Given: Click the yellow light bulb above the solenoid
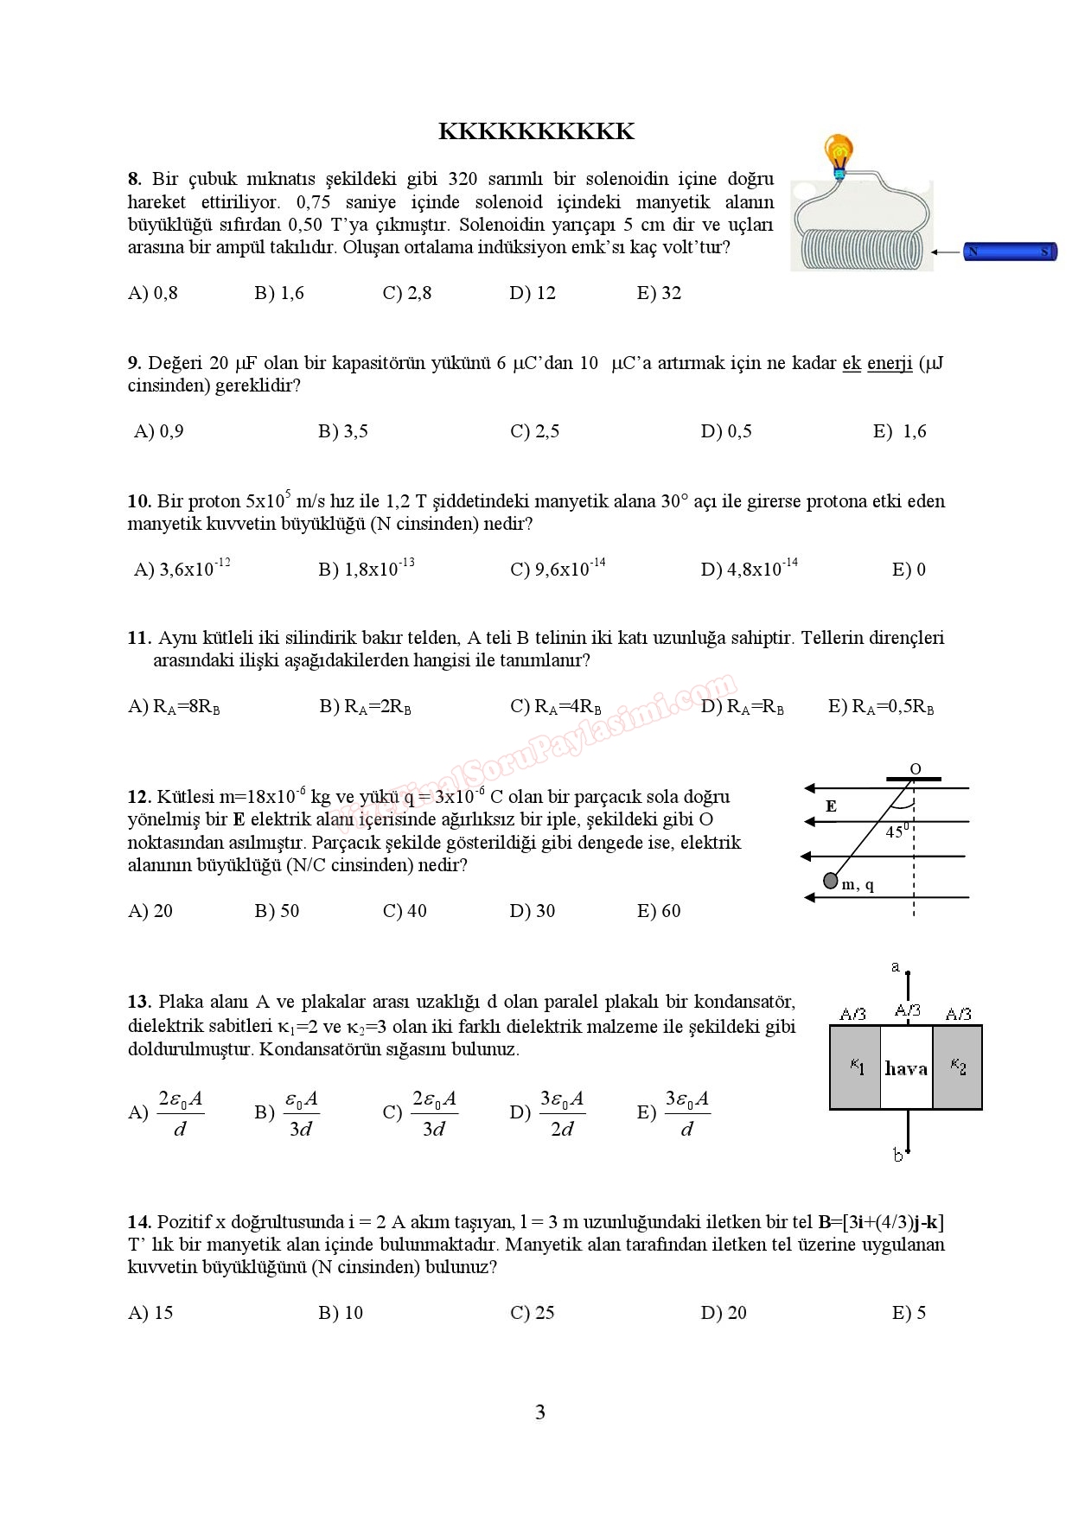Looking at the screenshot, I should point(837,152).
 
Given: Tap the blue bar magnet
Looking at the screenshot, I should point(1010,252).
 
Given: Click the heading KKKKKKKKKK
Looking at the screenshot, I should point(536,131).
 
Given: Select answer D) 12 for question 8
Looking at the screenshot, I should point(533,293).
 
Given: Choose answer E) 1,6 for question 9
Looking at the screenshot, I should point(900,431).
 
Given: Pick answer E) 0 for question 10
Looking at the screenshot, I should point(909,570).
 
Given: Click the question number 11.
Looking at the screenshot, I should point(139,638).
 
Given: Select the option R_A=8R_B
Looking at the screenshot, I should point(174,707).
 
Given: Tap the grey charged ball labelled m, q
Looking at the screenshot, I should point(830,881).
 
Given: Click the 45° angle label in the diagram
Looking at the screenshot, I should point(897,831).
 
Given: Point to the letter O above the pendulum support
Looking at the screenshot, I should point(916,768).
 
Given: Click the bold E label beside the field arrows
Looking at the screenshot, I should point(831,806).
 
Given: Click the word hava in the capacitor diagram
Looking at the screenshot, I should point(906,1069).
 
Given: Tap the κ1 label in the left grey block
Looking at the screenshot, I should point(857,1067).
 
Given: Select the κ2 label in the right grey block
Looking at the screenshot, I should point(958,1067).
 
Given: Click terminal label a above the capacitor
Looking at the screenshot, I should point(896,967).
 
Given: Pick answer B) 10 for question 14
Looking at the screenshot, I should point(341,1313).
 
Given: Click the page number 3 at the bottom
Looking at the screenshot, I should point(540,1412).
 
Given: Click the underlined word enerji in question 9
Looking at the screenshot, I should point(890,363).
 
